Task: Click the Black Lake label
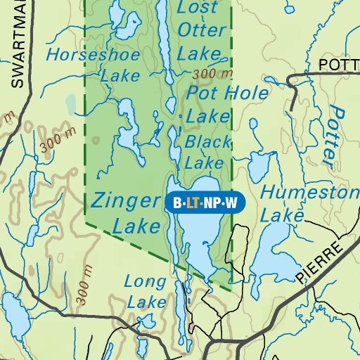click(207, 152)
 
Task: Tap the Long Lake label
click(146, 292)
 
